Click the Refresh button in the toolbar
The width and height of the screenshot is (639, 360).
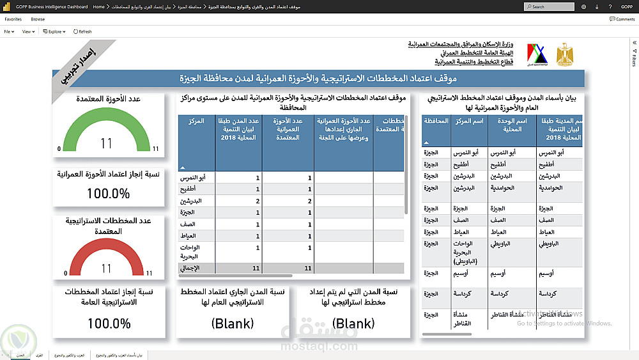click(83, 31)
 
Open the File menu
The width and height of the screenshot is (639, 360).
click(9, 31)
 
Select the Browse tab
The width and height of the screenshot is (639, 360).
click(38, 19)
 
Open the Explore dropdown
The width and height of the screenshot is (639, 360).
click(55, 31)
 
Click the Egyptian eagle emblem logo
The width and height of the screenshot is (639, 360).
click(565, 55)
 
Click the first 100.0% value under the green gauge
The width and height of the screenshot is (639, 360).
click(108, 192)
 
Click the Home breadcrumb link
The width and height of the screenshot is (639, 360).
click(98, 6)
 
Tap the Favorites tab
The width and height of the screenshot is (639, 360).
click(13, 19)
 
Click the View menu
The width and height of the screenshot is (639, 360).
click(27, 31)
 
